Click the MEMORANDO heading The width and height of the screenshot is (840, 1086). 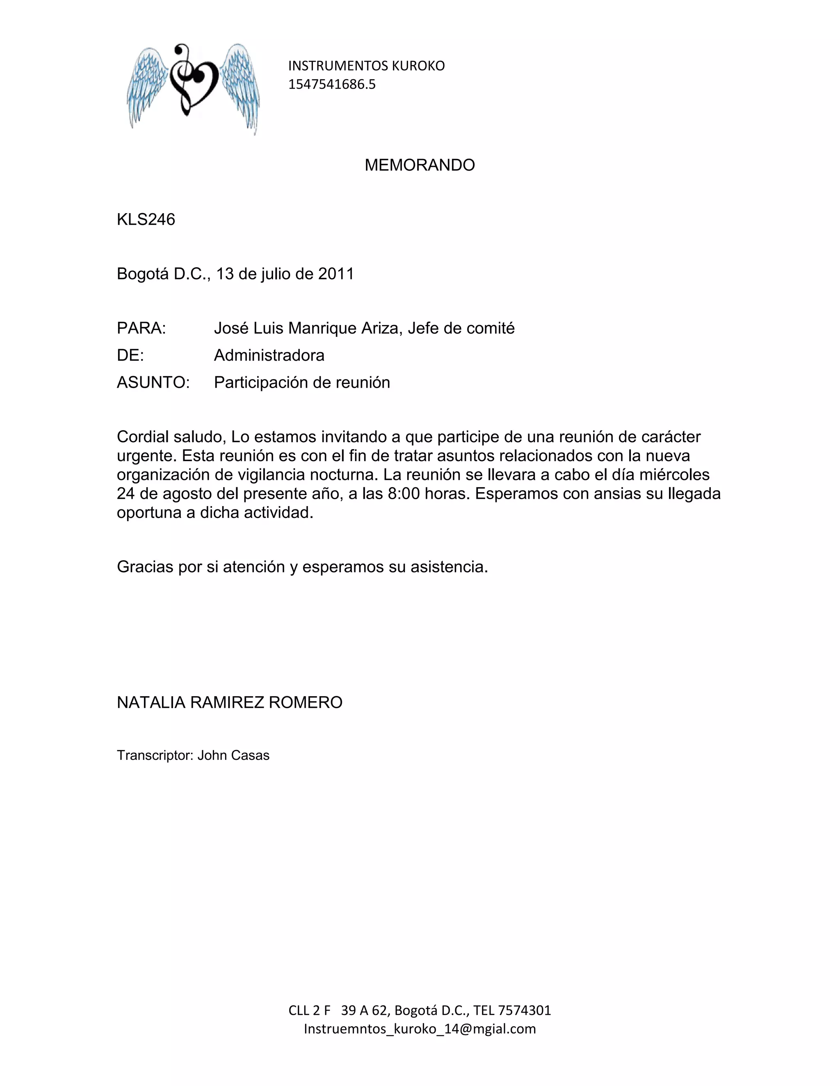click(420, 165)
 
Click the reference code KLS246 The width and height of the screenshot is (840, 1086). click(146, 219)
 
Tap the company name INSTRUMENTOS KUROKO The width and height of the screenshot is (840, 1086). click(366, 66)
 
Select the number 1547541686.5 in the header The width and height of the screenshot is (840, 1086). click(332, 84)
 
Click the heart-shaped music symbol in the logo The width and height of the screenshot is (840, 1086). click(193, 80)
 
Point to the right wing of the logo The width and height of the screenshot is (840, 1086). click(240, 84)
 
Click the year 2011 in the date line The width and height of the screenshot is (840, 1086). click(336, 274)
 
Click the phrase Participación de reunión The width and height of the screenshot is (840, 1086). click(301, 382)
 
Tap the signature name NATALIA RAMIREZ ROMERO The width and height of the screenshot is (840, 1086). click(229, 702)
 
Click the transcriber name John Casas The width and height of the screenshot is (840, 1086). click(233, 755)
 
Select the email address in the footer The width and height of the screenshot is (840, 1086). click(420, 1029)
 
